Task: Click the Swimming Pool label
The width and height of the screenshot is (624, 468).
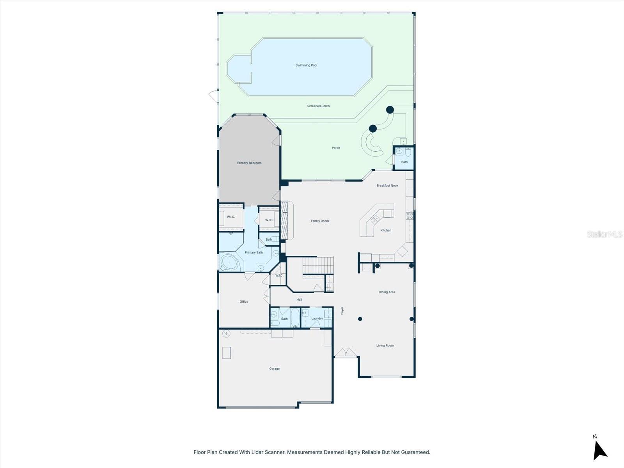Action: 306,66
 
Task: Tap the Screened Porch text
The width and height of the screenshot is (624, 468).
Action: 318,106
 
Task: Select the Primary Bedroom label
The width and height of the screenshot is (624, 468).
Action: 249,163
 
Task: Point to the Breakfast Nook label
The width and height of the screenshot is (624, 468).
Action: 387,186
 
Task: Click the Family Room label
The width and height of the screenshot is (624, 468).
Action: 320,221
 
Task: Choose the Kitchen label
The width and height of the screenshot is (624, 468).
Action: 386,230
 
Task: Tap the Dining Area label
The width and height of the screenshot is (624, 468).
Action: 386,292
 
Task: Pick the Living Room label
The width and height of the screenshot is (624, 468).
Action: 385,346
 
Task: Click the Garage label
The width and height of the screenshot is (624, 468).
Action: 274,369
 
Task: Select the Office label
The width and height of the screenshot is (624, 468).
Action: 244,302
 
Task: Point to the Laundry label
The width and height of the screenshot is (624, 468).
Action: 317,319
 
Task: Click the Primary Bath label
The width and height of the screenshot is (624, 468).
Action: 253,253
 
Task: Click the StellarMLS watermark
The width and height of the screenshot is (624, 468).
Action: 604,234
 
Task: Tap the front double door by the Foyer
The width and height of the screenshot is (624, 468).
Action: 346,353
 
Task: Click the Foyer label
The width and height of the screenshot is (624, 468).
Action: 342,311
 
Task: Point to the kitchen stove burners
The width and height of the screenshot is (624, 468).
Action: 409,216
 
